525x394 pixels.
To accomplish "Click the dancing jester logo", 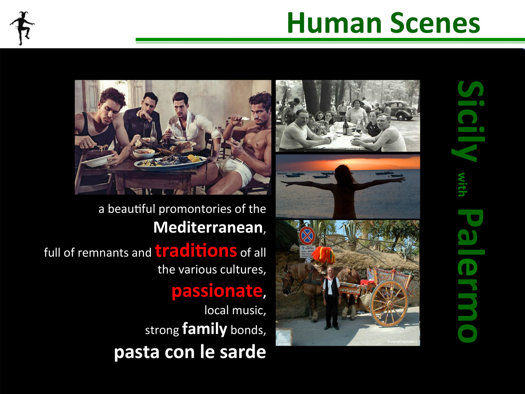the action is click(x=22, y=28).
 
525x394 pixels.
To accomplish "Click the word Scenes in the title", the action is click(x=435, y=23).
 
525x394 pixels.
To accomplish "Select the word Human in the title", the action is click(x=334, y=23).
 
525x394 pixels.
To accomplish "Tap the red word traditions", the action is click(x=196, y=251).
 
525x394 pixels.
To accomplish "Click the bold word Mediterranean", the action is click(x=208, y=227).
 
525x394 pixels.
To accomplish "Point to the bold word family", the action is click(x=204, y=329).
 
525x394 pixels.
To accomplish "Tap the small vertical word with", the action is click(x=462, y=184).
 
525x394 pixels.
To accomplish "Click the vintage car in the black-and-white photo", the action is click(x=399, y=110).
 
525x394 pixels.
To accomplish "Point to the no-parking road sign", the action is click(x=307, y=235).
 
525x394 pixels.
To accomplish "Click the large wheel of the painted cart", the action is click(x=389, y=303).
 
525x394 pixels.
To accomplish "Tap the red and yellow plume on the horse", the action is click(x=323, y=255).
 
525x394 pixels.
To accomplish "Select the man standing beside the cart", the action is click(x=331, y=298).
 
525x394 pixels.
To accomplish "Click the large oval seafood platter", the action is click(x=170, y=162).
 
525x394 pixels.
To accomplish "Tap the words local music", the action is click(x=235, y=310).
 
